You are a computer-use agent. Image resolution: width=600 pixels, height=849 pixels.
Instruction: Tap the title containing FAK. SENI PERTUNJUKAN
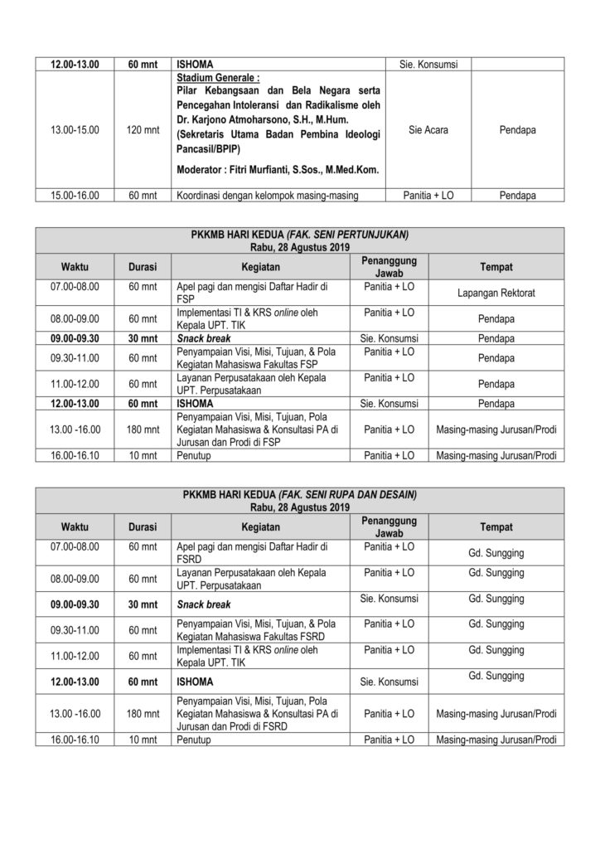point(299,235)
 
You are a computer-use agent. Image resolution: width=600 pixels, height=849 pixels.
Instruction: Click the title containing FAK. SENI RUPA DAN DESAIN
point(299,495)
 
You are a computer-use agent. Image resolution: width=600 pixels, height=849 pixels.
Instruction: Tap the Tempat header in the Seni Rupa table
point(496,527)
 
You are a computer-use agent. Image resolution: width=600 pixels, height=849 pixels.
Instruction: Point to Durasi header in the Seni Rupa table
point(145,527)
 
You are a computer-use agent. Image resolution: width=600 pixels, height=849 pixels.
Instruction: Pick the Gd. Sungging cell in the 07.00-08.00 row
point(496,552)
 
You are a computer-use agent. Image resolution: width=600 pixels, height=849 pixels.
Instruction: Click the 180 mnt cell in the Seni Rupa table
point(145,714)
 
